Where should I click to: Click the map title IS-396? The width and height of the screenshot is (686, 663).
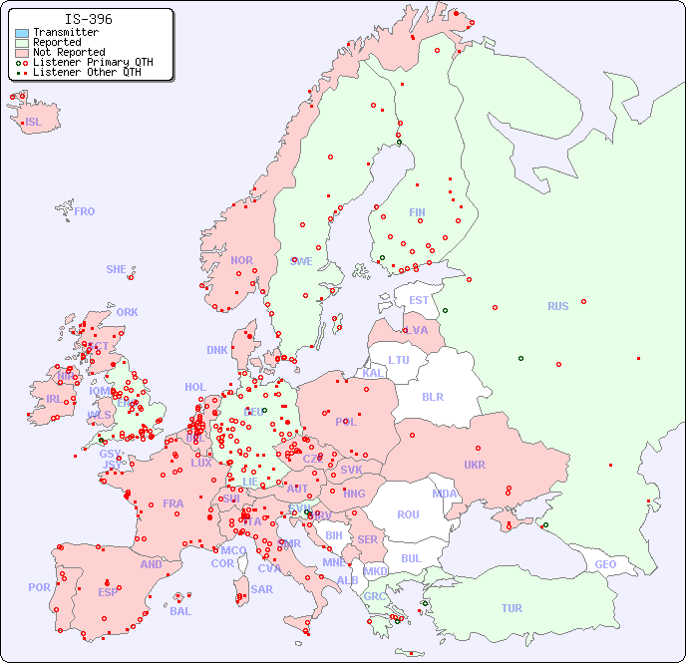88,19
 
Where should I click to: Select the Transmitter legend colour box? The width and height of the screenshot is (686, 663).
22,33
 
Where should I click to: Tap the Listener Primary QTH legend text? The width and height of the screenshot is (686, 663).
93,62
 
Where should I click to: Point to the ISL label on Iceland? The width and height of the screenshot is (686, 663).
34,123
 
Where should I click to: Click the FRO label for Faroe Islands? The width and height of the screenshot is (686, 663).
85,211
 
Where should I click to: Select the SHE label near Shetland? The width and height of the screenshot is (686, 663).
117,269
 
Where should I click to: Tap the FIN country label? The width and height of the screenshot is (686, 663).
417,212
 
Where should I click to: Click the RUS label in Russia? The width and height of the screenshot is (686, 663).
557,306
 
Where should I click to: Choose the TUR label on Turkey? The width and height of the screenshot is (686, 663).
512,608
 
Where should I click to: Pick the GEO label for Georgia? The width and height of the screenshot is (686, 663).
605,564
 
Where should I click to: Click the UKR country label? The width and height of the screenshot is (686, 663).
475,465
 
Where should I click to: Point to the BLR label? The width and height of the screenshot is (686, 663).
433,396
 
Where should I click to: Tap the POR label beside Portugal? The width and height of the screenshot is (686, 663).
39,587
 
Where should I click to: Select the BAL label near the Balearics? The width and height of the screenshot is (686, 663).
180,611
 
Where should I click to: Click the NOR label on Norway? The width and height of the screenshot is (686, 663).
241,260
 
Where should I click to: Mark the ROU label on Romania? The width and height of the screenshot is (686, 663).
408,514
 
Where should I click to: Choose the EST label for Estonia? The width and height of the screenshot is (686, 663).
419,300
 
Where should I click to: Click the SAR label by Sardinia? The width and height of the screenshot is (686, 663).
261,589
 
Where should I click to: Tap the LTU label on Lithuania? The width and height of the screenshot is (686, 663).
399,360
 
